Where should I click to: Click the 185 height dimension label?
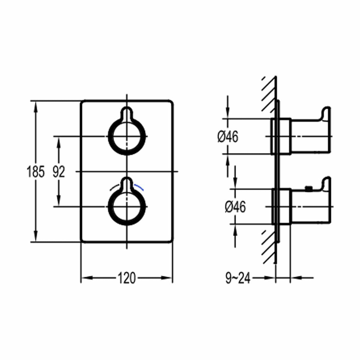coord(36,172)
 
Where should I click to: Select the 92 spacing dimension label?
coord(58,172)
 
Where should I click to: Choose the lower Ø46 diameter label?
coord(235,207)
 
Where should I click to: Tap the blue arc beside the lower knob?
coord(139,187)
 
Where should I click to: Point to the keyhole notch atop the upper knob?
coord(127,113)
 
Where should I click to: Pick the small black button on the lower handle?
coord(308,188)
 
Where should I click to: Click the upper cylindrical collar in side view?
coord(281,136)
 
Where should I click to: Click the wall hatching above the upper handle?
coord(269,92)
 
